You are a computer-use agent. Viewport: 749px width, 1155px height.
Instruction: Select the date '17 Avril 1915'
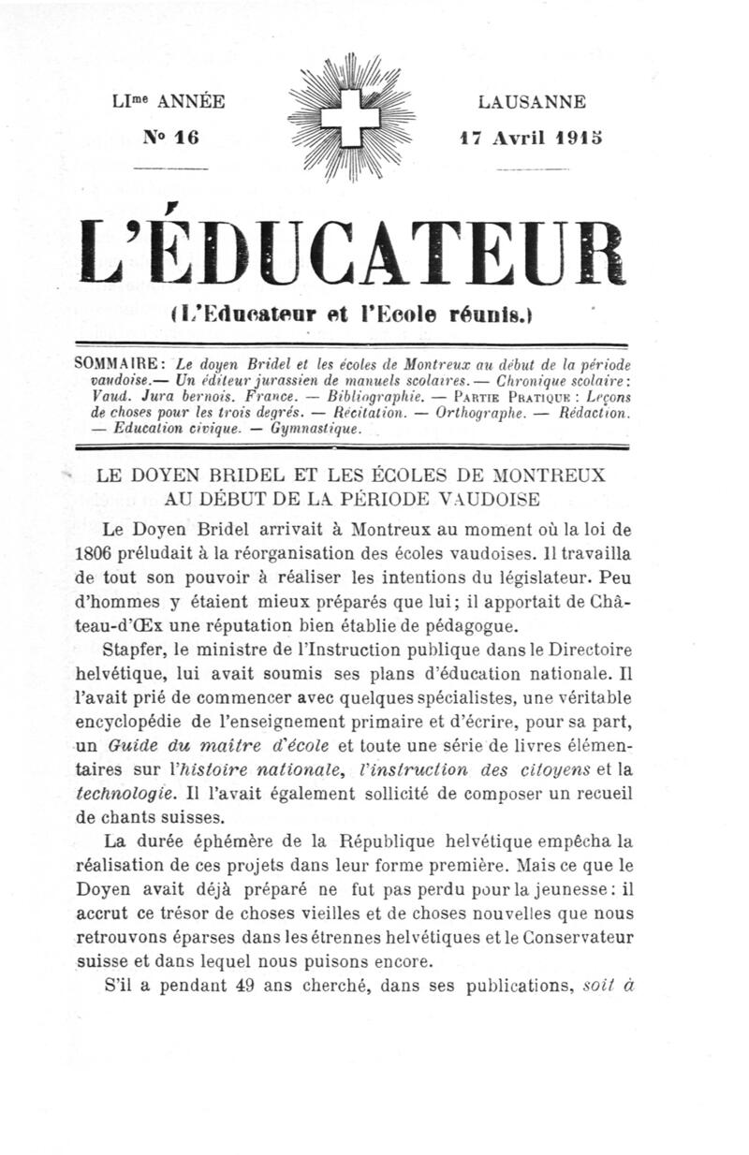[x=530, y=137]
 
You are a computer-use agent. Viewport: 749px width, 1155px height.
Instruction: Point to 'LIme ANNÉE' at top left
[x=168, y=102]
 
